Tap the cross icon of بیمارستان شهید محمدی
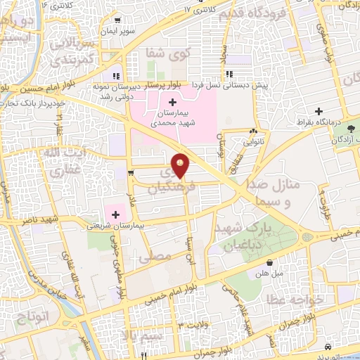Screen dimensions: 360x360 [173, 103]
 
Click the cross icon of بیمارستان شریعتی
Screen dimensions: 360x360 [115, 214]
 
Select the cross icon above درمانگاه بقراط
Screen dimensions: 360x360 [319, 112]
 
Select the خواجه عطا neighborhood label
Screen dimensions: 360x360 [293, 299]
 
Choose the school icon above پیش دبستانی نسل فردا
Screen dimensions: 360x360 [229, 74]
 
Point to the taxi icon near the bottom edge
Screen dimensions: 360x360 [328, 349]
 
